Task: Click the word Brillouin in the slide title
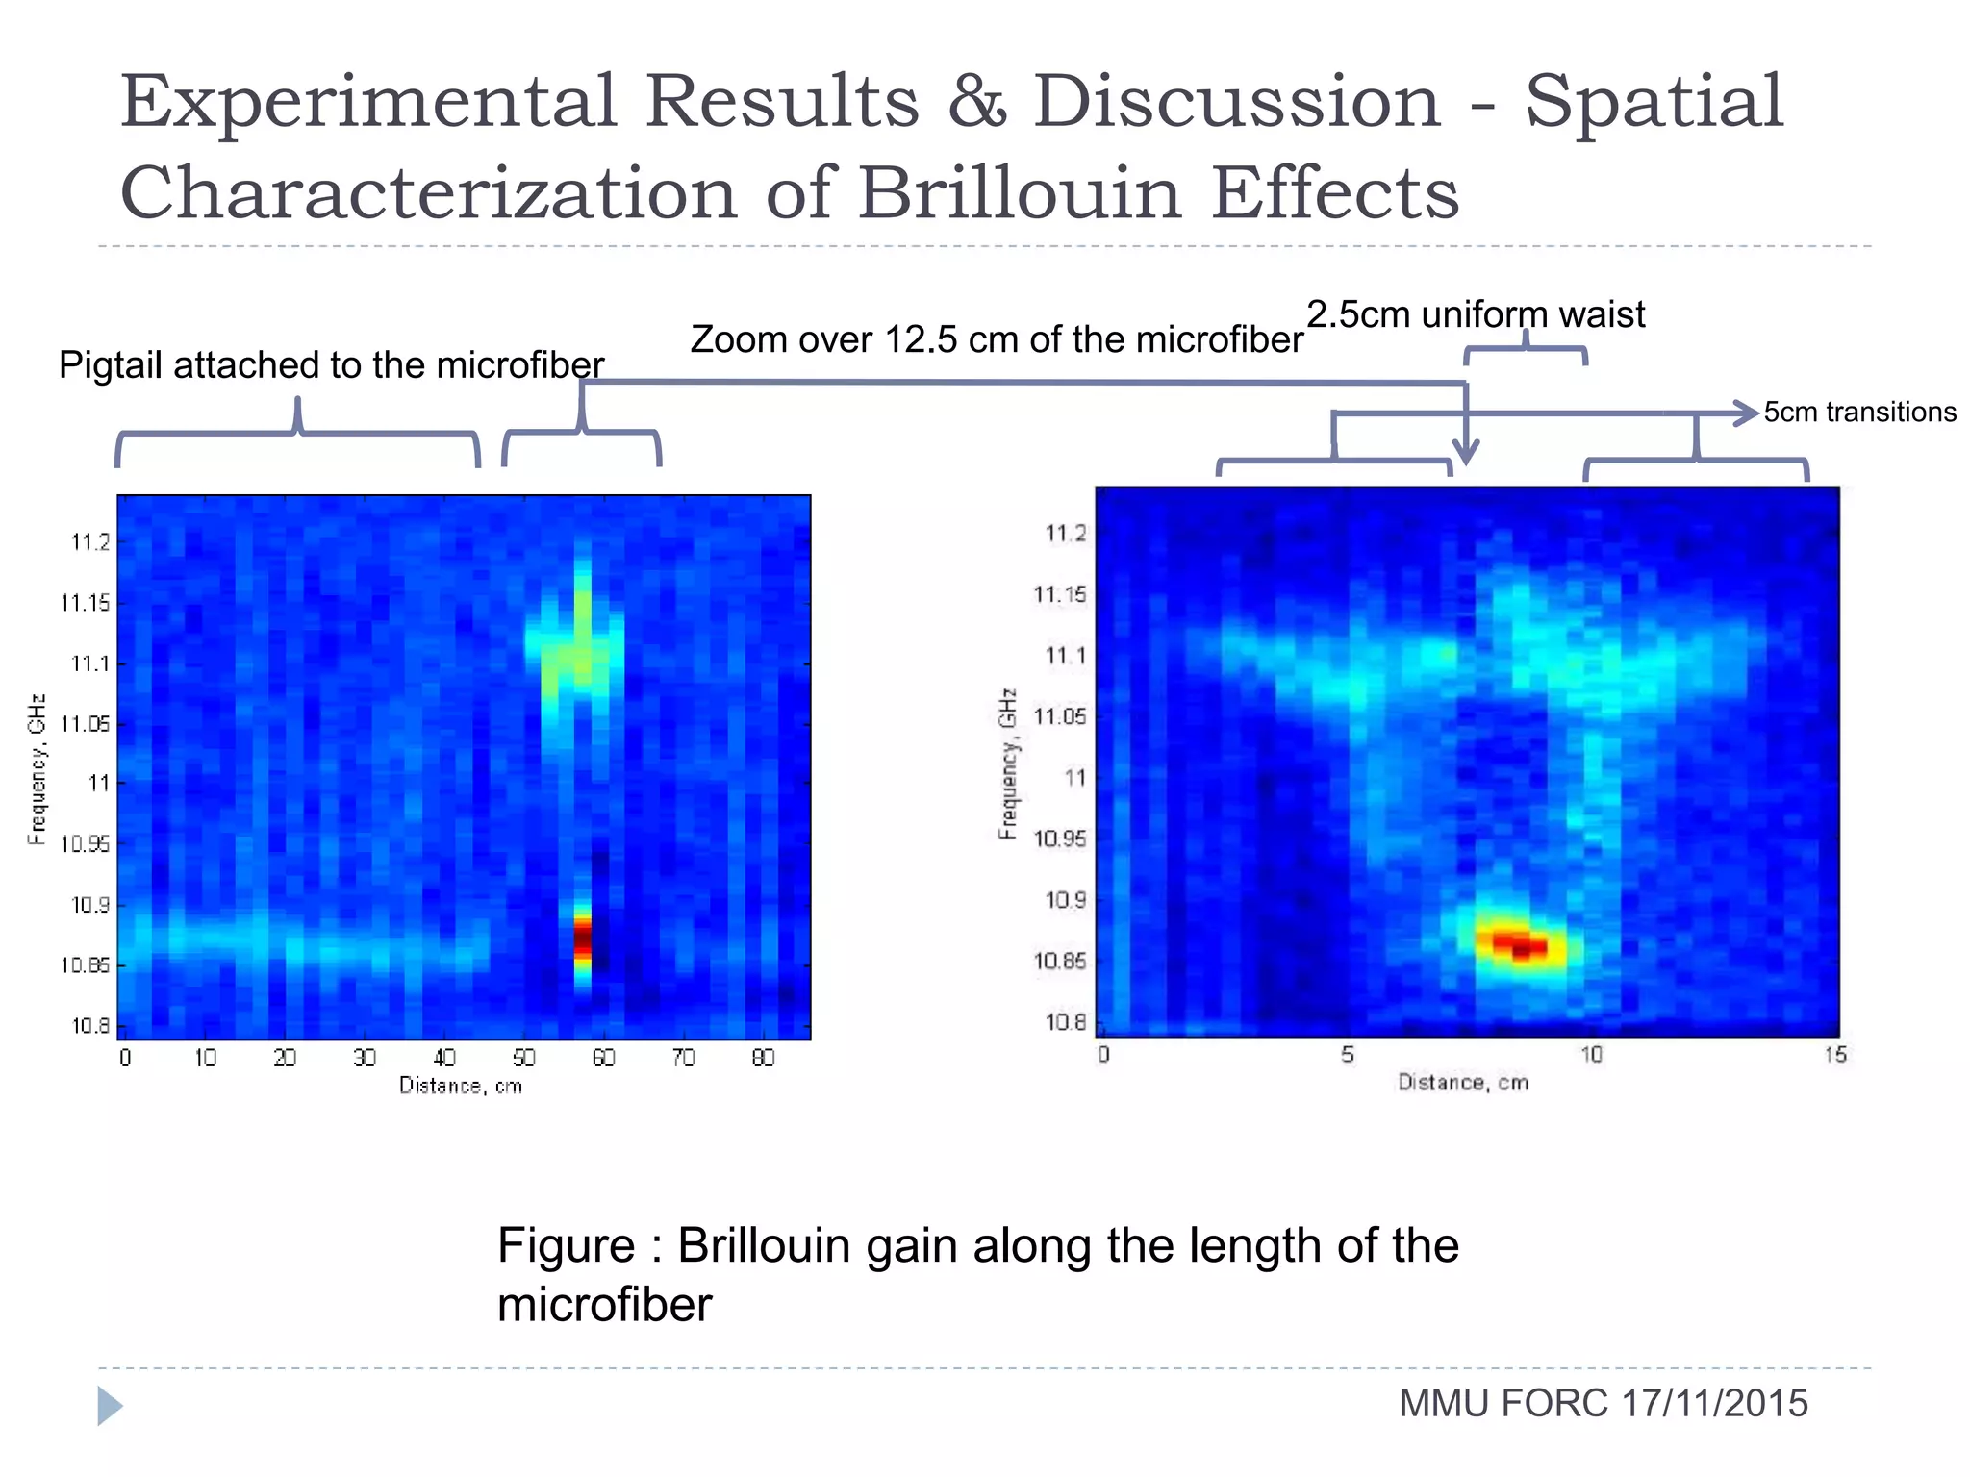[1019, 193]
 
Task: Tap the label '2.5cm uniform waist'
[1475, 314]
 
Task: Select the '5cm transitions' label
[1859, 412]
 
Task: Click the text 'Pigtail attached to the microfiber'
[331, 365]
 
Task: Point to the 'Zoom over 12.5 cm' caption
[996, 339]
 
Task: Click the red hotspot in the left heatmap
[582, 939]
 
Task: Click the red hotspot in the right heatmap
[1520, 944]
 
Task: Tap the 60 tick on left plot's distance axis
[603, 1059]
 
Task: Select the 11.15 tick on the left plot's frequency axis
[85, 603]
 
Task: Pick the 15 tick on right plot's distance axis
[1834, 1055]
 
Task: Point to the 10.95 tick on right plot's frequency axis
[1059, 839]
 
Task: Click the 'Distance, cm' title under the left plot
[461, 1086]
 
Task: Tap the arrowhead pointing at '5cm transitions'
[1745, 413]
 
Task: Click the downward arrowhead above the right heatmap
[1465, 452]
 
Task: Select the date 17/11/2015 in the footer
[1714, 1403]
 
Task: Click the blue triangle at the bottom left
[109, 1406]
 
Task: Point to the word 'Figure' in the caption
[566, 1245]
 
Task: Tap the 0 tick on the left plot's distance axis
[125, 1059]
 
